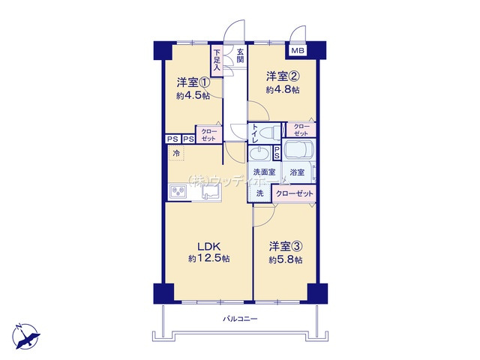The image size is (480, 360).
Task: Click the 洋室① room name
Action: point(192,82)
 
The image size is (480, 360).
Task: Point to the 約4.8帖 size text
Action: point(283,90)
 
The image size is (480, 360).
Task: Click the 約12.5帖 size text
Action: point(209,258)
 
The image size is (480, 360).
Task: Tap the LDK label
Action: point(208,245)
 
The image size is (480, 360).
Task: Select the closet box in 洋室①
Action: point(207,134)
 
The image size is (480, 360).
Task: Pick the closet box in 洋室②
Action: point(301,128)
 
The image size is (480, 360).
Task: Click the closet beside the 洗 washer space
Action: point(295,193)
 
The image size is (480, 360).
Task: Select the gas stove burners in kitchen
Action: point(180,192)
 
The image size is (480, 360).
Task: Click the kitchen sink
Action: point(209,193)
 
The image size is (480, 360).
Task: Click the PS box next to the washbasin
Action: point(277,152)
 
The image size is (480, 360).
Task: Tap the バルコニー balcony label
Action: point(240,319)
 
